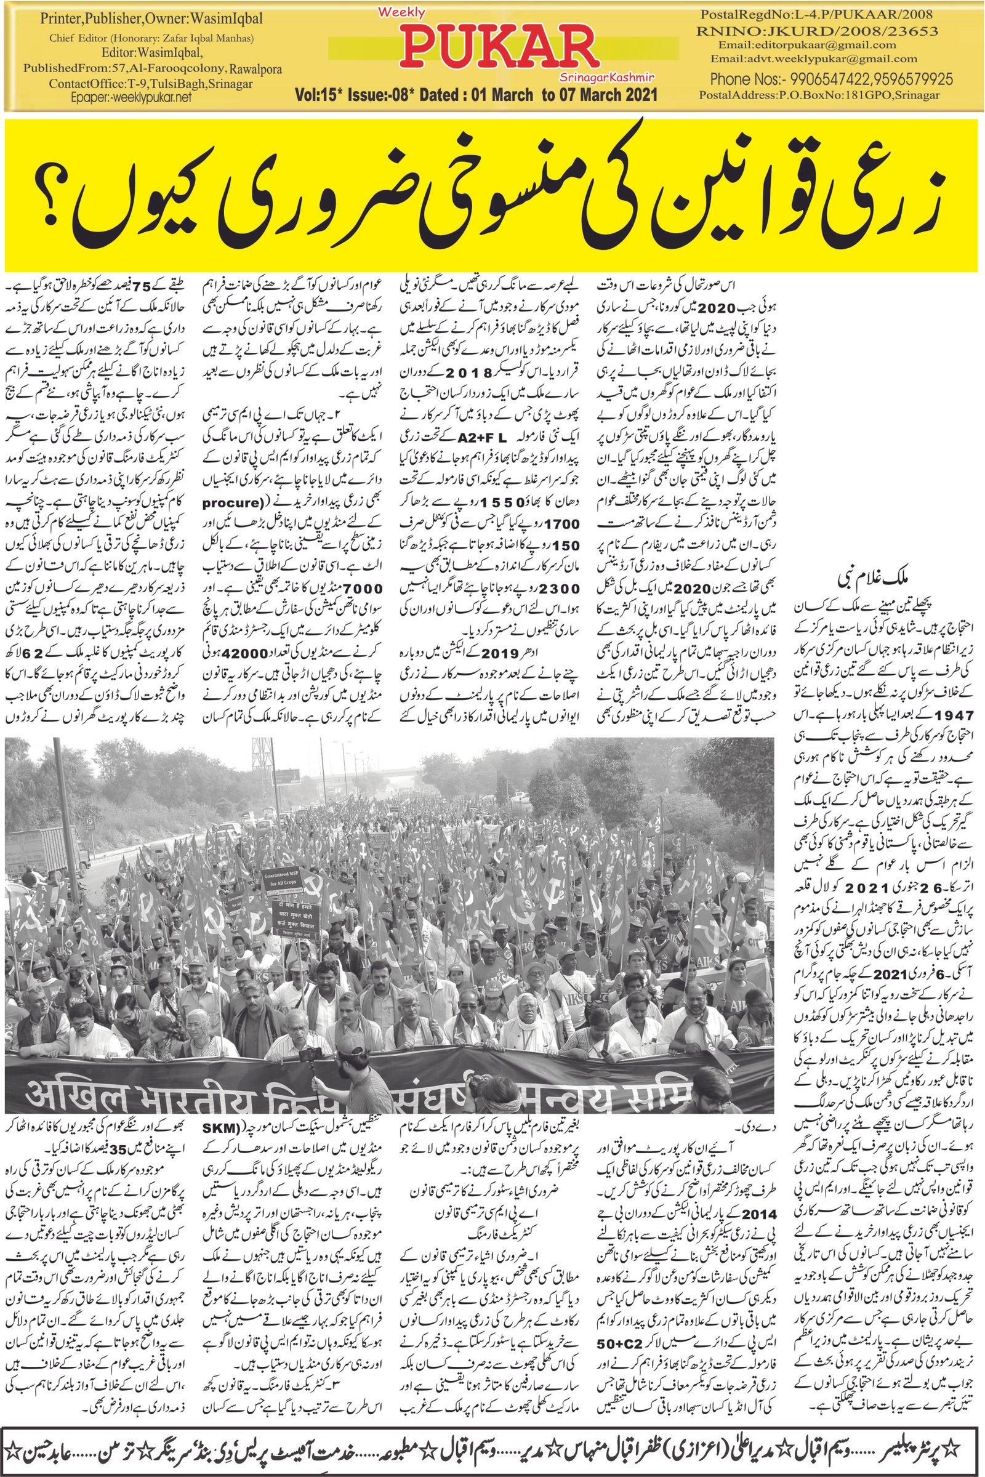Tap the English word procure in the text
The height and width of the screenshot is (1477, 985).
(x=234, y=503)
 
